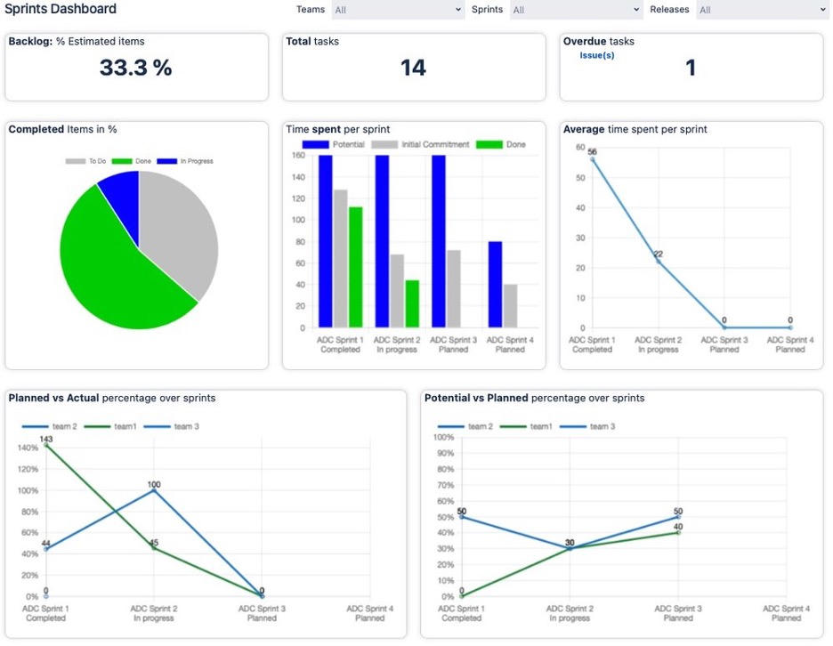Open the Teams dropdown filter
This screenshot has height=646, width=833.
coord(397,10)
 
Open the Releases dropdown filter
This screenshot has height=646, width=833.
coord(762,10)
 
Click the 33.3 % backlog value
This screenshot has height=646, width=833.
coord(135,68)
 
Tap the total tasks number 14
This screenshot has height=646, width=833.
coord(413,68)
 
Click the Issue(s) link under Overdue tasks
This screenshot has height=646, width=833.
coord(596,55)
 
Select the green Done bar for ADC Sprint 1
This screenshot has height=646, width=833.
coord(356,267)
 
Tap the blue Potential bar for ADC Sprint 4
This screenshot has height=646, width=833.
coord(496,285)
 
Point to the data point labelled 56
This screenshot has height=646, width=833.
coord(592,159)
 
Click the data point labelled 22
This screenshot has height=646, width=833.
coord(658,261)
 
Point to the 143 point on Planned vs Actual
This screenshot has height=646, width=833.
coord(45,445)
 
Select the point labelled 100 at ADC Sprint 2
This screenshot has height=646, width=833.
coord(154,490)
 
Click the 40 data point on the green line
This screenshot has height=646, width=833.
coord(678,532)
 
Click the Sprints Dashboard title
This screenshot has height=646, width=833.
coord(61,10)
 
